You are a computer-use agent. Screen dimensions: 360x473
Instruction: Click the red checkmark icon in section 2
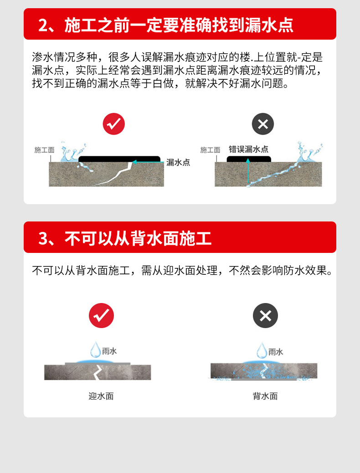click(x=114, y=124)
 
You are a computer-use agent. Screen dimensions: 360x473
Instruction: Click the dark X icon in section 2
click(x=263, y=124)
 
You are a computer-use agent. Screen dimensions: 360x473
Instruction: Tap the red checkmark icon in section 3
click(x=101, y=315)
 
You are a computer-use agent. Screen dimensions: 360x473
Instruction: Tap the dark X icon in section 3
click(x=265, y=315)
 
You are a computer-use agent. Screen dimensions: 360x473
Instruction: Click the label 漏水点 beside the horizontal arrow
click(x=178, y=162)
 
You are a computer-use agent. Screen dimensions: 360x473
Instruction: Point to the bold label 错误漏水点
click(x=248, y=149)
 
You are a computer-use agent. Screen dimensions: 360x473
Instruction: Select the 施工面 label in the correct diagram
click(x=44, y=150)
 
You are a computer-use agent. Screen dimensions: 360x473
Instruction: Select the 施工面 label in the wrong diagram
click(x=211, y=150)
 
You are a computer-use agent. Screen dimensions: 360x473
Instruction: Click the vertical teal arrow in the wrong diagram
click(x=248, y=171)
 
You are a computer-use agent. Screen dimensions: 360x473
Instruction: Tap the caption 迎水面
click(x=101, y=396)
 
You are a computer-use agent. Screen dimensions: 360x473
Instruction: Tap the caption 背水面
click(x=265, y=396)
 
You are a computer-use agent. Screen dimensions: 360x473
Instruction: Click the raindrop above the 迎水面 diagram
click(x=96, y=350)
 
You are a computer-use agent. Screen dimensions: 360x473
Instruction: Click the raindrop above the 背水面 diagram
click(x=262, y=350)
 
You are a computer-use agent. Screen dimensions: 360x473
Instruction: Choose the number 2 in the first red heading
click(x=43, y=26)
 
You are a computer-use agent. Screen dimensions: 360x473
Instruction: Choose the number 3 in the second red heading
click(x=43, y=239)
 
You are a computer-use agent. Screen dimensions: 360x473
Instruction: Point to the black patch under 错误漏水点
click(x=249, y=159)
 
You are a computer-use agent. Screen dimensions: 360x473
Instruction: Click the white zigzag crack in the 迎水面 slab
click(x=98, y=372)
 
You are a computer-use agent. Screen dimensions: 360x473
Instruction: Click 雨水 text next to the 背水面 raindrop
click(x=276, y=352)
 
